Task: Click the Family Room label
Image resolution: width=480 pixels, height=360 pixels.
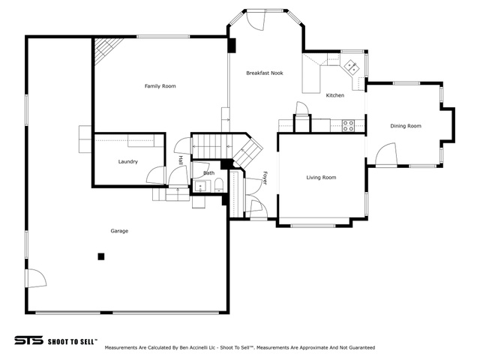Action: click(160, 86)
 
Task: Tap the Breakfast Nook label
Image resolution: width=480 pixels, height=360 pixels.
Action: click(265, 73)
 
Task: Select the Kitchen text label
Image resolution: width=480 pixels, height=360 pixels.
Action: click(335, 95)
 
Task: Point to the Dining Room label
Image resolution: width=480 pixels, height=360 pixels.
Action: click(406, 126)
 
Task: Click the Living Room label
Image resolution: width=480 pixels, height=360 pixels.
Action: click(321, 177)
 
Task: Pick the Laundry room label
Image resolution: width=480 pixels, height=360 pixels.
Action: click(128, 162)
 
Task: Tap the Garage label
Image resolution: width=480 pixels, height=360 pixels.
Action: click(119, 231)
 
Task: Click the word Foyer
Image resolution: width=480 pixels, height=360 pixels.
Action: click(265, 178)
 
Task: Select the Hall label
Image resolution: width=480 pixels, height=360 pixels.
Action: click(181, 160)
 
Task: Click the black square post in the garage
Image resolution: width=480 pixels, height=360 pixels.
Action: click(101, 256)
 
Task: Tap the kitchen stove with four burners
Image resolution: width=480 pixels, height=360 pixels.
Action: click(348, 126)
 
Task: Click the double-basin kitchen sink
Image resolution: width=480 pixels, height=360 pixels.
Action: click(351, 67)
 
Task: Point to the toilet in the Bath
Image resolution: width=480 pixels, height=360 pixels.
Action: click(219, 186)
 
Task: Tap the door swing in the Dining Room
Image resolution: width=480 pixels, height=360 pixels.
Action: click(386, 154)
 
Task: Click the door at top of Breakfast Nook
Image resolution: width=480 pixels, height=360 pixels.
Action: click(255, 20)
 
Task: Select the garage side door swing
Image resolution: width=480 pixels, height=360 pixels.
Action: click(37, 278)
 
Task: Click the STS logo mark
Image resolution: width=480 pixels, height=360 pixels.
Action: click(28, 340)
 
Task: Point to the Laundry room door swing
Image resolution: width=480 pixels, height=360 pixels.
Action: click(156, 175)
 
